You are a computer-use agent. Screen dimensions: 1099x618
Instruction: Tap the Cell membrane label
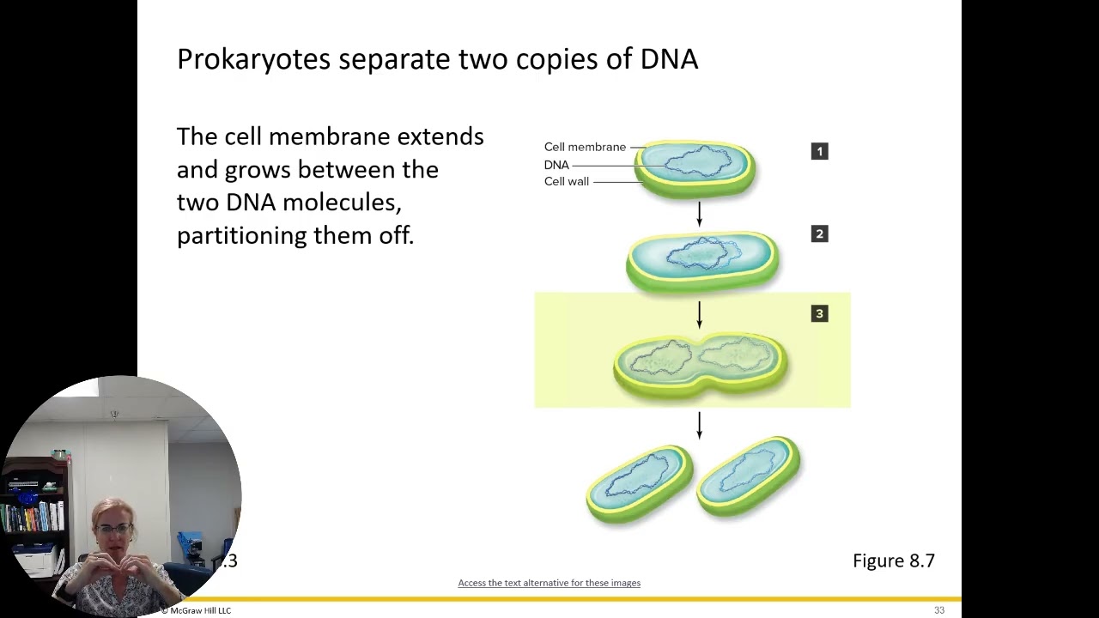point(585,147)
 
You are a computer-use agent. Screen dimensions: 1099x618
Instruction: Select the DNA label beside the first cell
point(556,165)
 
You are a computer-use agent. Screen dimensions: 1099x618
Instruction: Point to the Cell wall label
point(567,181)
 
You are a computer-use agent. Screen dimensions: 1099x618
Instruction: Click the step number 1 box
point(819,151)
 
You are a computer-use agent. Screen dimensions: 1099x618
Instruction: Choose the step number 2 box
point(819,233)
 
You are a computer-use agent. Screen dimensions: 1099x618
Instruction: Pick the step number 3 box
point(819,314)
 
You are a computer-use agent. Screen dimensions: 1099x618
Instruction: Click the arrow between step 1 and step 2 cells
point(700,214)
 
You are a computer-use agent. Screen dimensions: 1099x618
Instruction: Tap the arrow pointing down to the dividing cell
point(700,314)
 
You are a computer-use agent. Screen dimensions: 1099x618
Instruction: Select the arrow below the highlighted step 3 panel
point(700,426)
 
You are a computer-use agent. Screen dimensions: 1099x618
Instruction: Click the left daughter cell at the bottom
point(640,483)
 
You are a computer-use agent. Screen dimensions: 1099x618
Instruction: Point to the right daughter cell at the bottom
point(749,477)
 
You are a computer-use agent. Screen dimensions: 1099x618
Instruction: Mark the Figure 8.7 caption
point(893,560)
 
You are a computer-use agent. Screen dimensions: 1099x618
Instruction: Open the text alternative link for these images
point(549,583)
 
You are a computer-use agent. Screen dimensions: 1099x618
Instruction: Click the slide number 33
point(939,610)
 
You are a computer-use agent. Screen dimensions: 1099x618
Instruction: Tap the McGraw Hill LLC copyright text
point(197,610)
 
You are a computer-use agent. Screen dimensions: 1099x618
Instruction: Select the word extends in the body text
point(440,136)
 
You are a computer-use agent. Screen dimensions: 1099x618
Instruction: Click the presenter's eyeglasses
point(119,529)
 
